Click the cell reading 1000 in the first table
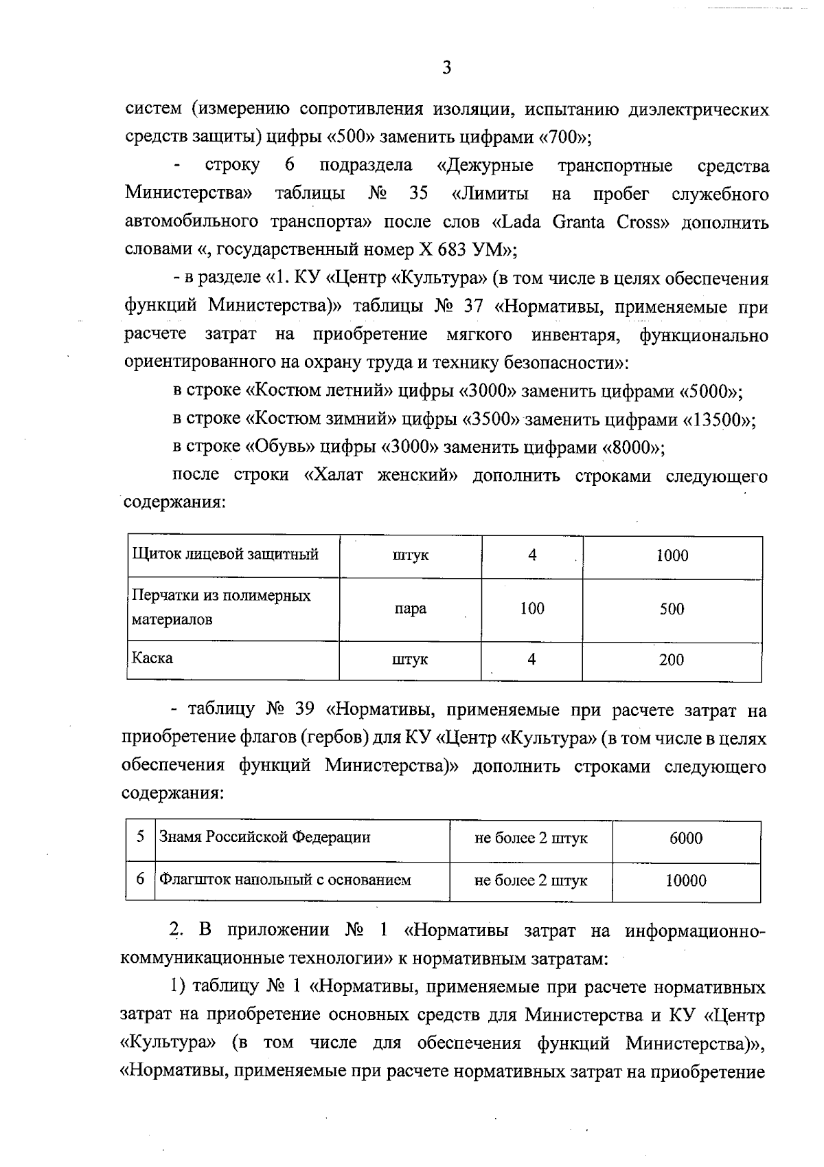pos(672,556)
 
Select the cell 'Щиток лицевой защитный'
pos(225,554)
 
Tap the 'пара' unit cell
pos(410,609)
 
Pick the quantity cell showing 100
pos(532,608)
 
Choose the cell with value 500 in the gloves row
pos(672,609)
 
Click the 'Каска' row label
pos(152,658)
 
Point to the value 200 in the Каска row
pos(671,660)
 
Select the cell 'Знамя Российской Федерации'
pos(265,837)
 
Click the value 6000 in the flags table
pos(686,838)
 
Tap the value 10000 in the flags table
pos(686,881)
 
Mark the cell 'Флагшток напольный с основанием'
pos(285,880)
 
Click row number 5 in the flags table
pos(140,837)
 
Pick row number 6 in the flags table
pos(140,879)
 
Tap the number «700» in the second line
pos(558,137)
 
